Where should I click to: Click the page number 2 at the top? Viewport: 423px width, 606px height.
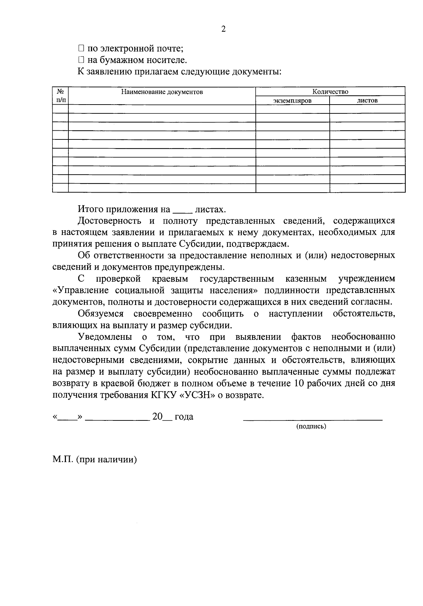click(x=223, y=29)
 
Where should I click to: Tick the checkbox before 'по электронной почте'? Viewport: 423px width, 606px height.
click(x=81, y=48)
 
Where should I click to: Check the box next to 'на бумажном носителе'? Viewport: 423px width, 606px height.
click(x=81, y=60)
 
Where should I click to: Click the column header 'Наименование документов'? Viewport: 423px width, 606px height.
click(x=162, y=92)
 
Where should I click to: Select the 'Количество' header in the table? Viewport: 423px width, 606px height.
click(x=330, y=92)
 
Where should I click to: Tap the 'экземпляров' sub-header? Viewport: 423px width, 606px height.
click(x=292, y=101)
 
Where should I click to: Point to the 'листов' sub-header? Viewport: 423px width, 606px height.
click(x=367, y=101)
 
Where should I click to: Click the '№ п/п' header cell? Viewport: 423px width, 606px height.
click(x=60, y=96)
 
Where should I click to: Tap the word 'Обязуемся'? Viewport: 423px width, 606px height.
click(x=100, y=313)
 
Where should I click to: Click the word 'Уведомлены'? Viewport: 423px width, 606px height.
click(x=104, y=337)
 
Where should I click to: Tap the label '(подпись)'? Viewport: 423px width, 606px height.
click(x=311, y=426)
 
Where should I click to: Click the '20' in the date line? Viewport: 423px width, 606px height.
click(x=157, y=417)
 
